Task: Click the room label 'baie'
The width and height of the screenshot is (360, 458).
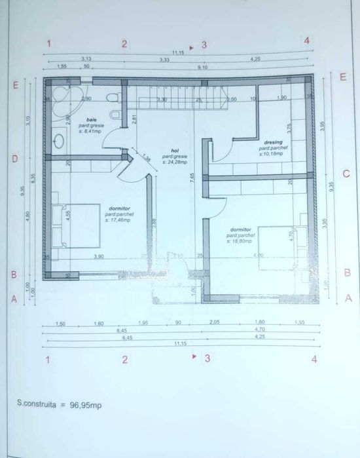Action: [x=82, y=120]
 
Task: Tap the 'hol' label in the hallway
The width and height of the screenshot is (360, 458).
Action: [x=175, y=150]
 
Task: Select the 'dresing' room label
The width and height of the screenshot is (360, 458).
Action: [x=273, y=142]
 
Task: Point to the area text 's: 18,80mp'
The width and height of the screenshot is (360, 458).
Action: [x=240, y=240]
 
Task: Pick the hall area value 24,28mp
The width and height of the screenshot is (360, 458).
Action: [x=175, y=161]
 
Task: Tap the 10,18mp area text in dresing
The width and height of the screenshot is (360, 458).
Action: [x=273, y=154]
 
